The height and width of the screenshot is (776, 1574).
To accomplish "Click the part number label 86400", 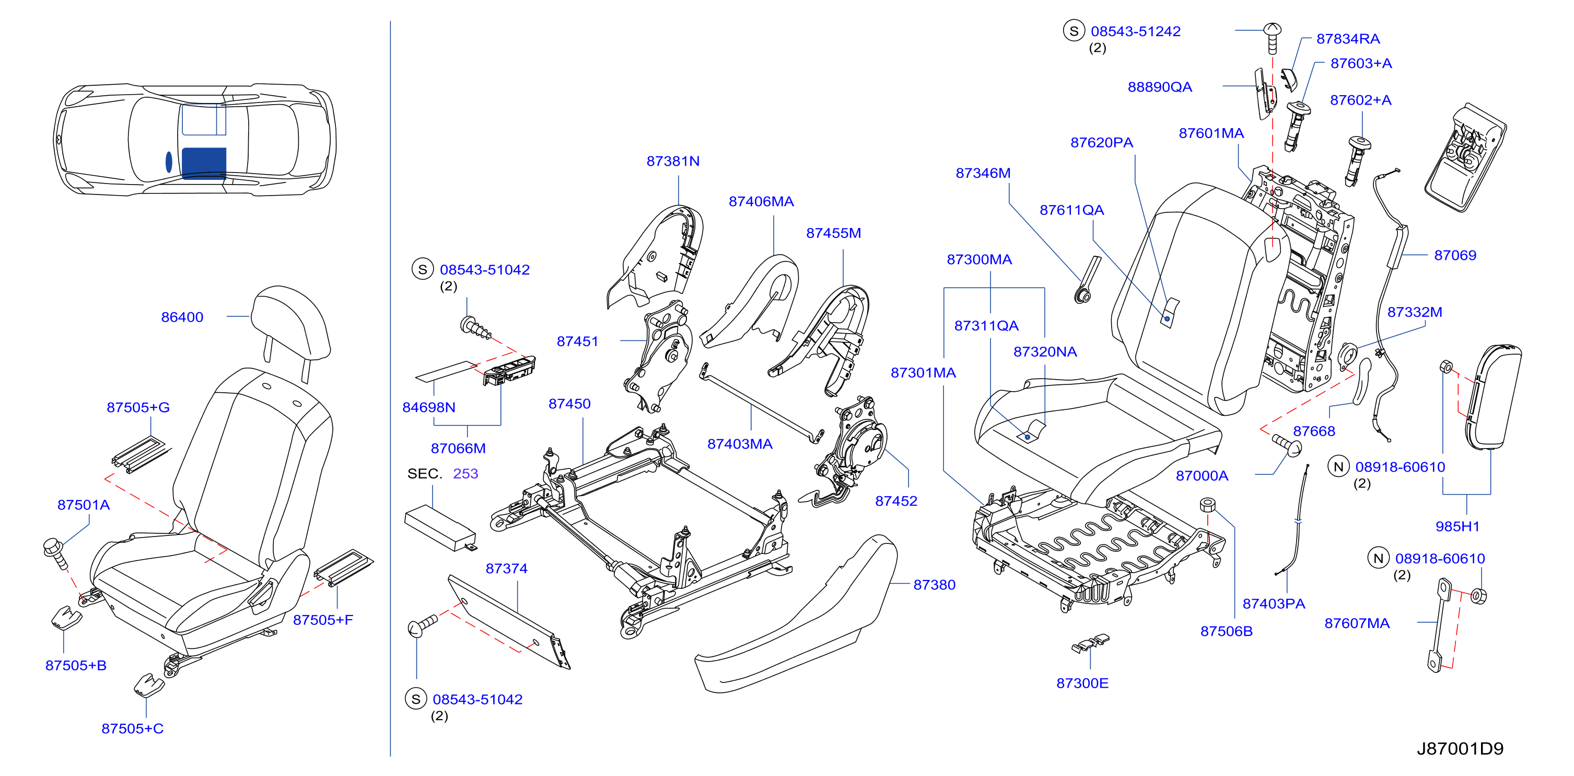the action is point(182,317).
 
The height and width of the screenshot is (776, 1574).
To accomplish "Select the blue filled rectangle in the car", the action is point(204,163).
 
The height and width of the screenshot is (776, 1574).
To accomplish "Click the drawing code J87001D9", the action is point(1460,748).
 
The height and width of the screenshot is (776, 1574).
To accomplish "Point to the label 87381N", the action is point(673,161).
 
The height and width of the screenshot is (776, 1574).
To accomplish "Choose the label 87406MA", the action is point(761,201).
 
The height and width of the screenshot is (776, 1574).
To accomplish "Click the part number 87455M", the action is point(833,233).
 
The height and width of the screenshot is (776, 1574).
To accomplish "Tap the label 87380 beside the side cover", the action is point(934,585).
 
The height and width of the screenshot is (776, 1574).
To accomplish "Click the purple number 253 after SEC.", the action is point(465,473).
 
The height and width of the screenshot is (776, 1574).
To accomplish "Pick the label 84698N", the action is point(429,407).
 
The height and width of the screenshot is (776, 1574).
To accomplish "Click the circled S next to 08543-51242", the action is point(1074,30).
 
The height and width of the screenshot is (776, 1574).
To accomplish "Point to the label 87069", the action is point(1455,255).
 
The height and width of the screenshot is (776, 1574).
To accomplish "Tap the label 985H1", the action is point(1458,527).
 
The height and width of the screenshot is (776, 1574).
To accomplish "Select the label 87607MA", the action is point(1357,623).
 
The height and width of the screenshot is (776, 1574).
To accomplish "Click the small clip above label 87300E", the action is point(1090,643).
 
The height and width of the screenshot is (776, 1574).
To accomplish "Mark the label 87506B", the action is point(1226,631).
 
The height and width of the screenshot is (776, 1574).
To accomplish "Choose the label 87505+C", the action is point(133,728).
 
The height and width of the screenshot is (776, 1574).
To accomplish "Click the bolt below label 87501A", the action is point(55,552).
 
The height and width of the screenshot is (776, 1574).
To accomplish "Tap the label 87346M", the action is point(983,173).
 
